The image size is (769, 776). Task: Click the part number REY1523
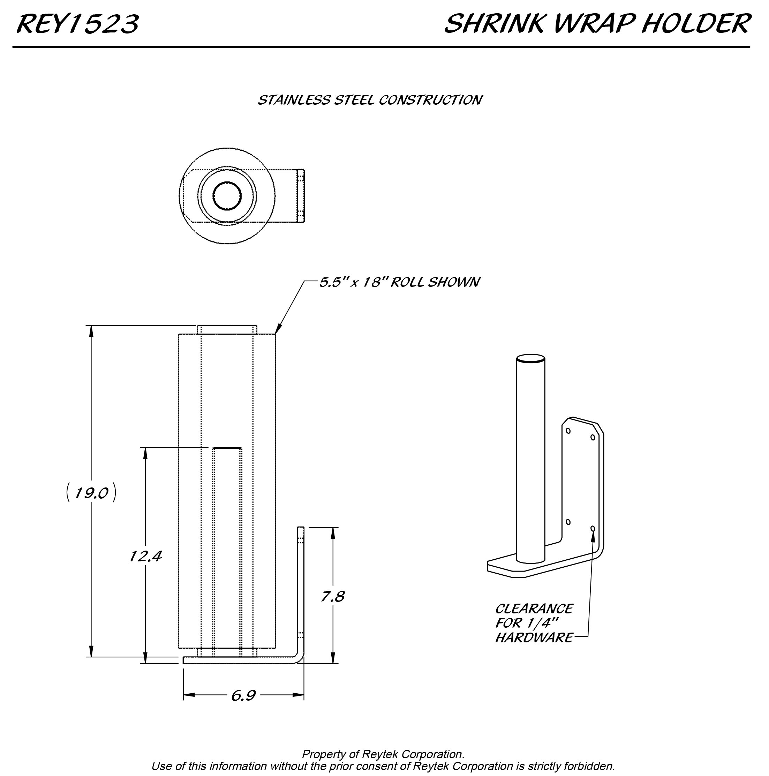click(x=77, y=24)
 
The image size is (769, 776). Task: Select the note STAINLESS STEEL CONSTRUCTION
click(x=369, y=100)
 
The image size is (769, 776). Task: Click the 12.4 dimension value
click(x=145, y=556)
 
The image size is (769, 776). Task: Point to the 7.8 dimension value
click(x=332, y=596)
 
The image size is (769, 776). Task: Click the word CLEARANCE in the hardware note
click(x=534, y=609)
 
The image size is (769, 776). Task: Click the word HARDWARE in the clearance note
click(x=534, y=637)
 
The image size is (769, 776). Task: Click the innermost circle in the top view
click(x=227, y=196)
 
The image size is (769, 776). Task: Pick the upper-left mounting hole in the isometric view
click(x=568, y=431)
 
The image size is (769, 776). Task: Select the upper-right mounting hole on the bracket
click(x=593, y=437)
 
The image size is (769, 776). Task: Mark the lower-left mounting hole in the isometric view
click(x=568, y=522)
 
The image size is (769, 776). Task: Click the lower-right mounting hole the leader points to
click(x=593, y=528)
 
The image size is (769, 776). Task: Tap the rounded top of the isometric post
click(x=530, y=358)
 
